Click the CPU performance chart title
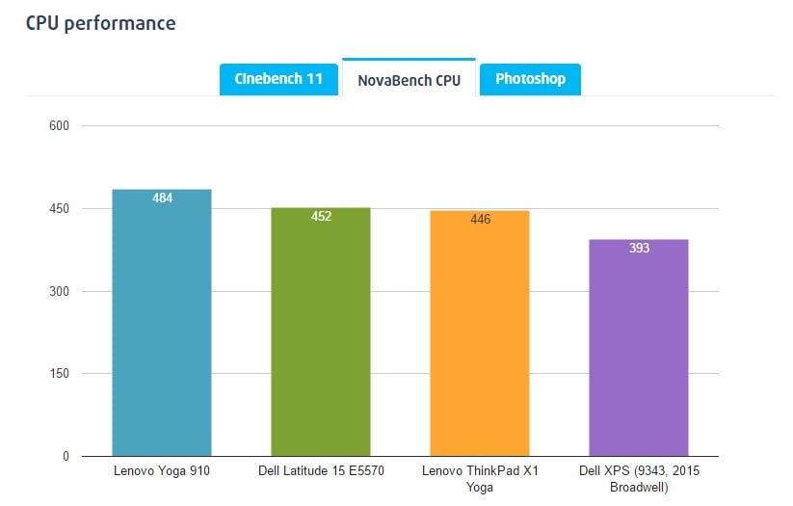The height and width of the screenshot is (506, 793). (100, 22)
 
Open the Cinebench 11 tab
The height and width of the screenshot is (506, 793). (278, 79)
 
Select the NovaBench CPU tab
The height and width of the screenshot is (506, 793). (409, 80)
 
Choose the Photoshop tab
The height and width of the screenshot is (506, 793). (530, 79)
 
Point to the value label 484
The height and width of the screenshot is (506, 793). (162, 199)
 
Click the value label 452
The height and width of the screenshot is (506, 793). (321, 217)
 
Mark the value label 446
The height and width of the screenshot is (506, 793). (480, 220)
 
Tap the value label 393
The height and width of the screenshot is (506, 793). (639, 249)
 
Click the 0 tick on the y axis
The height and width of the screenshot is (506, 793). (66, 456)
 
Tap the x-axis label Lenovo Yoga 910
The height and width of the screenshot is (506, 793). (162, 471)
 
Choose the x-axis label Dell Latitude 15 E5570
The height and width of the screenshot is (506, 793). (321, 471)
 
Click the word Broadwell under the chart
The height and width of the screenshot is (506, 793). (639, 487)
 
